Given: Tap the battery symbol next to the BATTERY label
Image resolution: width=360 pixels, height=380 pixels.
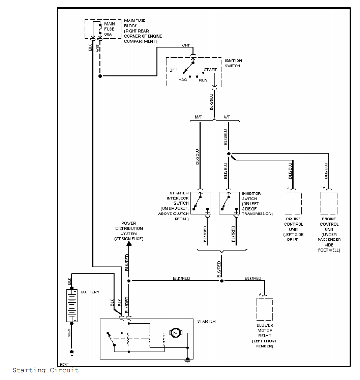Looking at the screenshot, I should click(72, 305).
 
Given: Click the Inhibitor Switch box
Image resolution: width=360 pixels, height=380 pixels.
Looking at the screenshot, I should click(228, 203).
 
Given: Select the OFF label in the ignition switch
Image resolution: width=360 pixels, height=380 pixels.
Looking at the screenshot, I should click(173, 70).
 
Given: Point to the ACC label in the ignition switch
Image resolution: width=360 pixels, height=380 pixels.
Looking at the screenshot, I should click(183, 80).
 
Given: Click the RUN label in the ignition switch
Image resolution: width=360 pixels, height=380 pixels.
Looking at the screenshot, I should click(203, 80).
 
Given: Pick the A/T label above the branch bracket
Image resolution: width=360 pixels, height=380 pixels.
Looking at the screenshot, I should click(227, 117).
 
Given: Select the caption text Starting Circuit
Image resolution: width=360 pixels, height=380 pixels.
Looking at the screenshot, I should click(45, 370).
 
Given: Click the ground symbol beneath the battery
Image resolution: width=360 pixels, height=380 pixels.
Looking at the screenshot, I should click(72, 352).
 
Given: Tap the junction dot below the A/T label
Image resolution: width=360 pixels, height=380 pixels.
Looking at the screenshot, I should click(228, 153).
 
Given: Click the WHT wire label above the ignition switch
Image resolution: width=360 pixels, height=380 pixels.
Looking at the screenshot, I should click(185, 45).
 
